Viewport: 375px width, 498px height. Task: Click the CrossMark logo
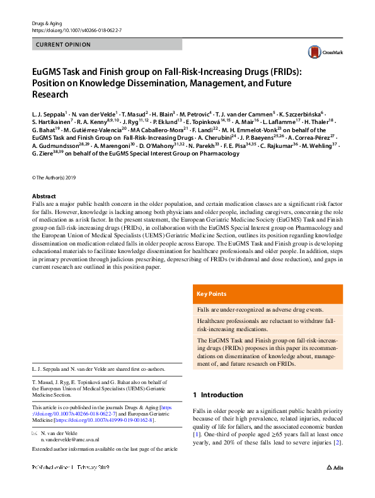323,52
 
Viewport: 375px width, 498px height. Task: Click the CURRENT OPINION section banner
64,45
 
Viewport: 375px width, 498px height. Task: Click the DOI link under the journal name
76,30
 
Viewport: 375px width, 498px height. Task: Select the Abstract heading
43,196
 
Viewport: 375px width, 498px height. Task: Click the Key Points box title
211,294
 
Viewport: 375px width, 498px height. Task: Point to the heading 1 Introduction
217,395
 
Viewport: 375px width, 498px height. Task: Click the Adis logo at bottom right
334,468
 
